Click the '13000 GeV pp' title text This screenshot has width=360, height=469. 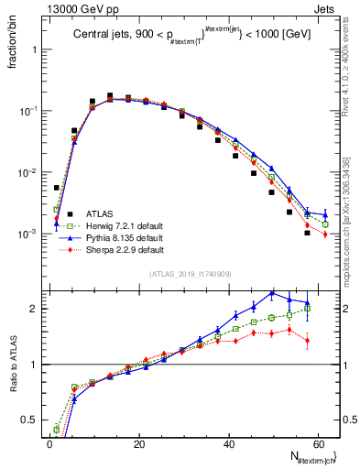coord(44,7)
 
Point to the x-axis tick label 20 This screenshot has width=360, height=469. coord(138,443)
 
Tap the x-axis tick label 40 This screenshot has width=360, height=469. coord(228,443)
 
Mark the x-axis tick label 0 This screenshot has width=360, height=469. coord(49,443)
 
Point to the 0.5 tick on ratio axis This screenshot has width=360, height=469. coord(29,421)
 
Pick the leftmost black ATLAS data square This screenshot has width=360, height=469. coord(57,188)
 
